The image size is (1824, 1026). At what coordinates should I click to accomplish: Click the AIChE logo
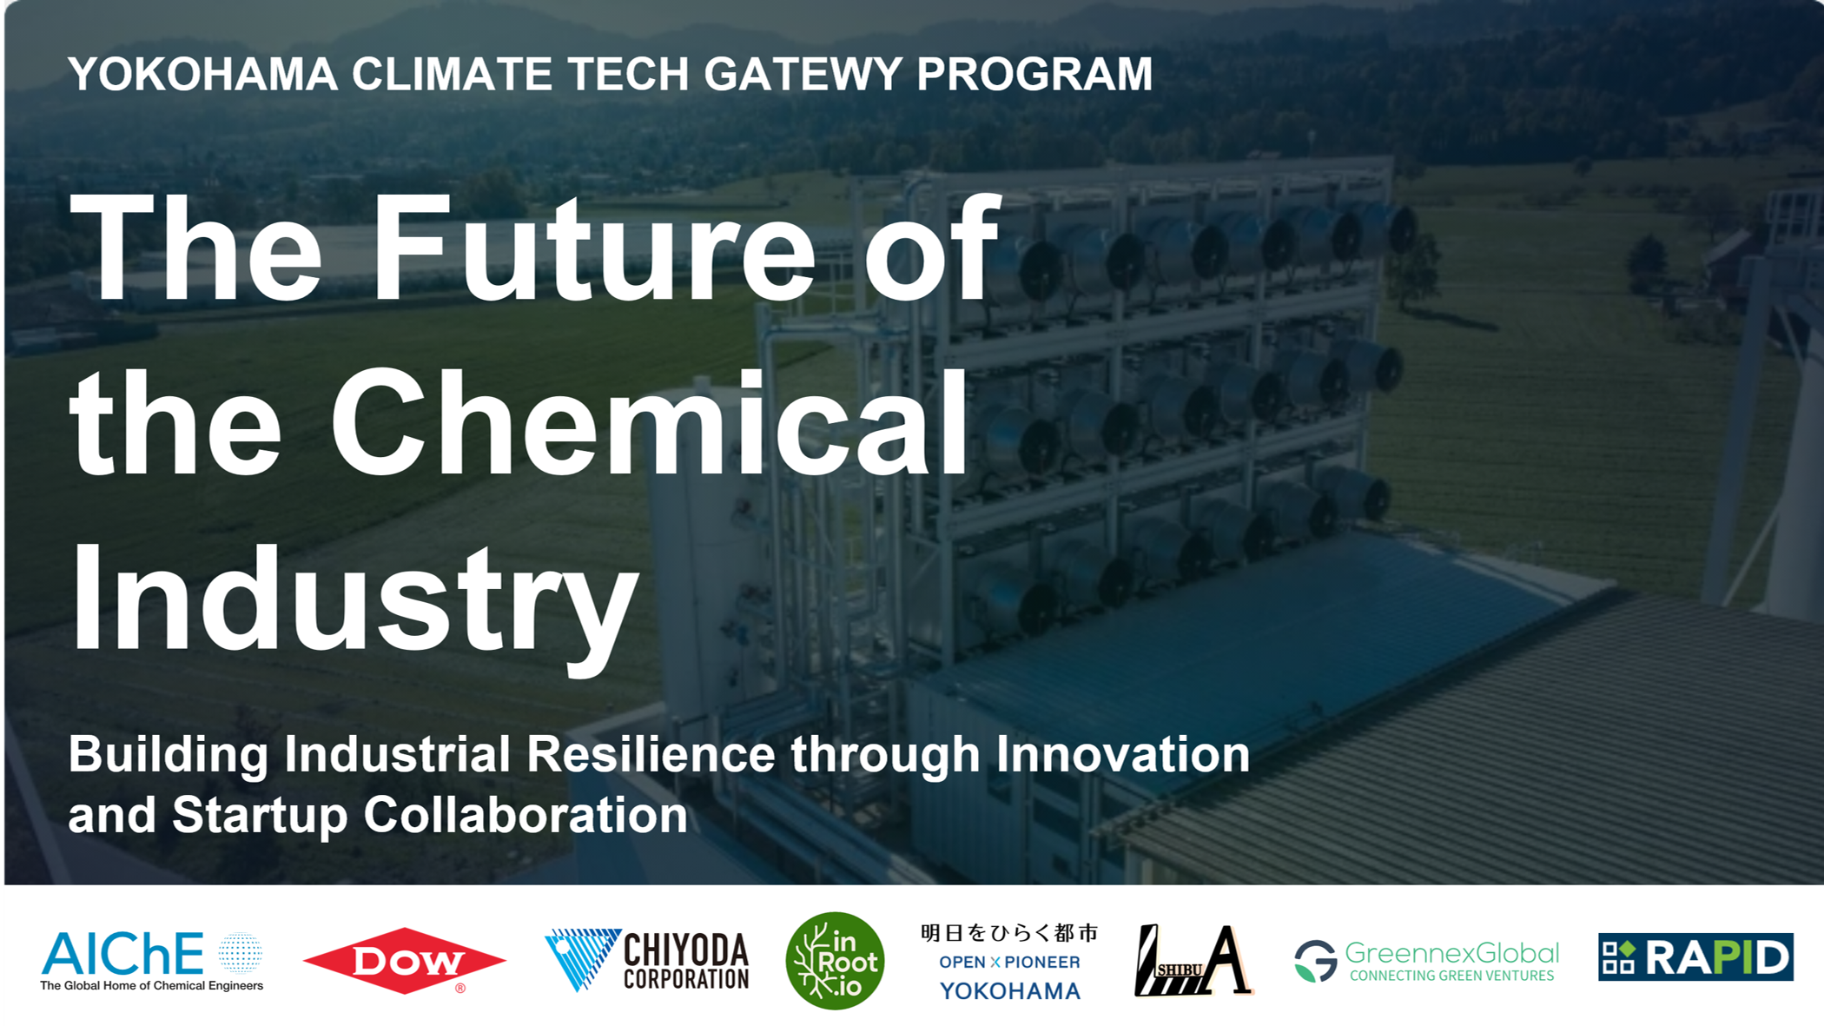(x=152, y=961)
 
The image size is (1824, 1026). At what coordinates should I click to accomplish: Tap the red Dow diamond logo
(x=405, y=961)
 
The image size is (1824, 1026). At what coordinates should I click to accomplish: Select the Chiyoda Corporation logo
(x=647, y=960)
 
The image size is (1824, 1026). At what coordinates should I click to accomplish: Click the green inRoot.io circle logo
(x=835, y=961)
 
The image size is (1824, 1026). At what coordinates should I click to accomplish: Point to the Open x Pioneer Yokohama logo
(x=1010, y=962)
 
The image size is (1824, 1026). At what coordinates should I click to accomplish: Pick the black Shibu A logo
(x=1193, y=960)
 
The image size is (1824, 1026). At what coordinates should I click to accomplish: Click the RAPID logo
(x=1695, y=956)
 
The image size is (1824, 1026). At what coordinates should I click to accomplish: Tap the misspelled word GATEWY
(x=803, y=74)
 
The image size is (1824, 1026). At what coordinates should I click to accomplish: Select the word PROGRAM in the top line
(x=1034, y=74)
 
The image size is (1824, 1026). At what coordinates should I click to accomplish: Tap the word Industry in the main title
(x=354, y=599)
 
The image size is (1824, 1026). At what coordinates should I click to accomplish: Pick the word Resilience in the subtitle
(x=651, y=753)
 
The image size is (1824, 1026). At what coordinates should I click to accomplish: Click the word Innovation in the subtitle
(x=1123, y=753)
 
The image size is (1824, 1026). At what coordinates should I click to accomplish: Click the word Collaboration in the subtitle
(x=525, y=815)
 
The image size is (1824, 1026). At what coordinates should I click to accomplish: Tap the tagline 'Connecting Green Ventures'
(x=1452, y=976)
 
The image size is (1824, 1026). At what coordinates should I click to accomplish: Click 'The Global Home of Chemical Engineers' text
(x=152, y=985)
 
